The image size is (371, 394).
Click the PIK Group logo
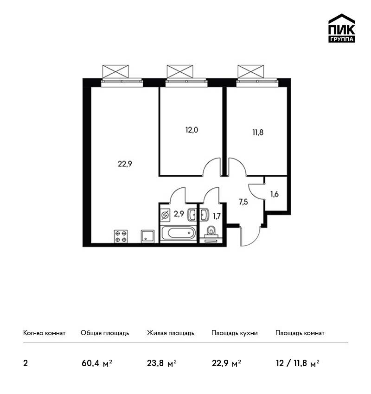[342, 28]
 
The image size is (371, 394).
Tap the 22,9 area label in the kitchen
[125, 164]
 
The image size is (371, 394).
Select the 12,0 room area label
[192, 130]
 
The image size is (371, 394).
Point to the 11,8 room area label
[258, 132]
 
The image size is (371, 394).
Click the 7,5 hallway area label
[243, 202]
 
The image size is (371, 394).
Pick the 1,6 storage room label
[275, 194]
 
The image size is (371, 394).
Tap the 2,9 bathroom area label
[179, 214]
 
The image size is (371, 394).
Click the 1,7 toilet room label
[217, 216]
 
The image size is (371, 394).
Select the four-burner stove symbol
[121, 236]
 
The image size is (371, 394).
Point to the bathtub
[178, 233]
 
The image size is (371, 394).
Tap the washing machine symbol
[165, 216]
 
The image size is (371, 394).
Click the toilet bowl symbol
[211, 232]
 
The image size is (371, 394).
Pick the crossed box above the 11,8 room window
[251, 71]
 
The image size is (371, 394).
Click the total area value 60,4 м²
[96, 363]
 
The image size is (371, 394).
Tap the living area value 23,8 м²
[162, 363]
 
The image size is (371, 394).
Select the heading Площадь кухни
[235, 333]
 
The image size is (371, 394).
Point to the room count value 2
[26, 363]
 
